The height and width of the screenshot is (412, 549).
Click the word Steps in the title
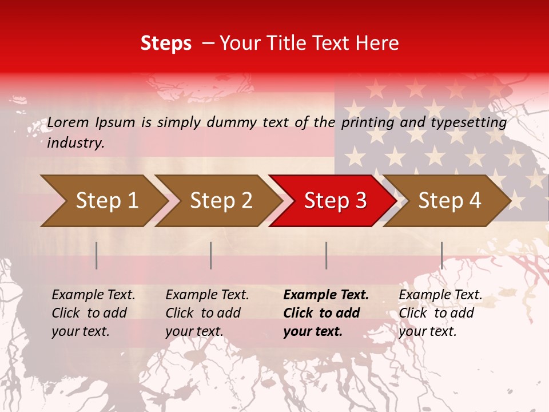166,43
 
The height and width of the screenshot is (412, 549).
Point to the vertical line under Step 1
97,255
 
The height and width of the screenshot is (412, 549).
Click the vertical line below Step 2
211,255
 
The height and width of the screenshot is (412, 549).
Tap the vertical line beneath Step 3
327,255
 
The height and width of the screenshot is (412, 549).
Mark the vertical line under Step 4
441,255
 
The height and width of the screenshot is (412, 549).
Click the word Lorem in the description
68,122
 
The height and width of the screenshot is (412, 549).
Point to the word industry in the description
75,143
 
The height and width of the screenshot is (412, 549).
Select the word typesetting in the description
468,122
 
